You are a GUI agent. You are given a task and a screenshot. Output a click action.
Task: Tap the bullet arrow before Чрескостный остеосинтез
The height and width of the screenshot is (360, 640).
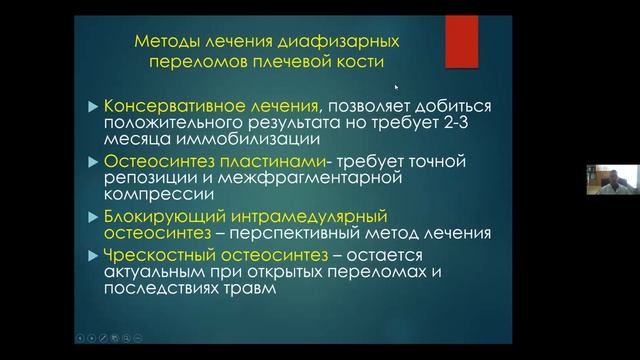[93, 254]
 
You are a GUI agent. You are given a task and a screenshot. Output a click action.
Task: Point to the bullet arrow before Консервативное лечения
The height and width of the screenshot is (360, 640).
[93, 106]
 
